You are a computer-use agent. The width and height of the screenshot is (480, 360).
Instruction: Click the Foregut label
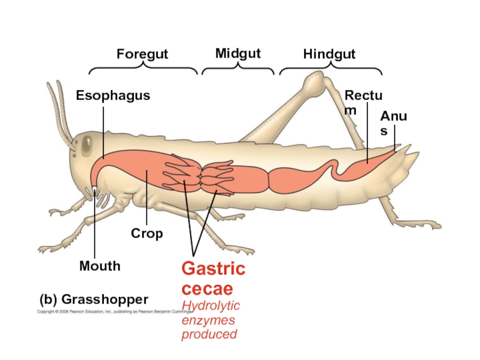142,55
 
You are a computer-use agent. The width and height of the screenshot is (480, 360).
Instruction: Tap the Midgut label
238,54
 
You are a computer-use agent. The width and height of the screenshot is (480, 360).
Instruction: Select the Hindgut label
329,55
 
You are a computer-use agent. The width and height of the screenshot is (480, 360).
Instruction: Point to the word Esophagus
113,95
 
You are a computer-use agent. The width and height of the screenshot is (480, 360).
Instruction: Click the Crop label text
147,233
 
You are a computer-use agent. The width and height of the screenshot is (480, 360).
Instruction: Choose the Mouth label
100,266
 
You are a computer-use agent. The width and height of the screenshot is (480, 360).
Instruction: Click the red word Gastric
214,268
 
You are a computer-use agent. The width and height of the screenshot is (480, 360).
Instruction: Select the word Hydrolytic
211,307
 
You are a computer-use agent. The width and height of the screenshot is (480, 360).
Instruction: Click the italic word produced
209,334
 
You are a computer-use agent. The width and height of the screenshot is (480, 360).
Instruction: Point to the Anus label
393,123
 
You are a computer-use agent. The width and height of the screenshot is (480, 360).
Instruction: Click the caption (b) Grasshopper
94,299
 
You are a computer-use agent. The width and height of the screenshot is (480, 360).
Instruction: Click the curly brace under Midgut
238,70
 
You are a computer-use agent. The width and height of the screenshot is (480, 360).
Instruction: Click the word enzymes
208,320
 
